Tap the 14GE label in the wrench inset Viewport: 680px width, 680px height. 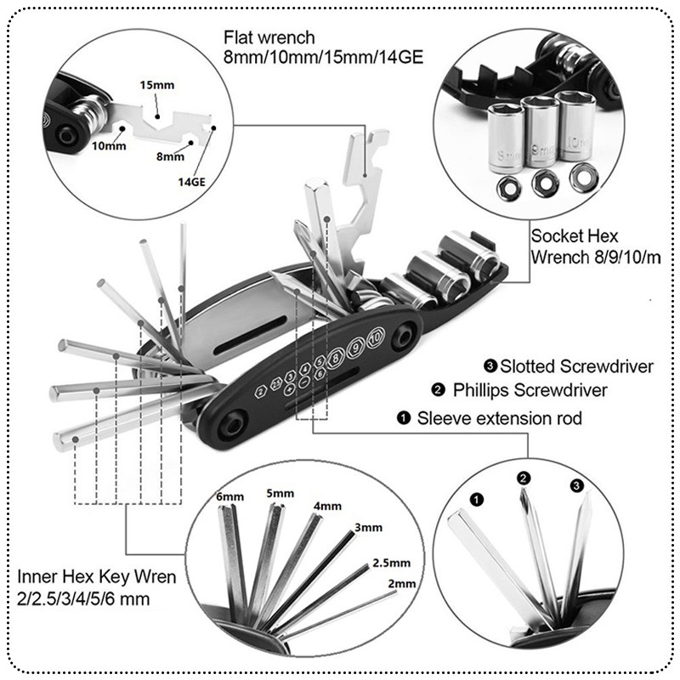[191, 181]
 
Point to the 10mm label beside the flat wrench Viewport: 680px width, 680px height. [109, 146]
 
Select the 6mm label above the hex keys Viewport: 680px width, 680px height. [229, 496]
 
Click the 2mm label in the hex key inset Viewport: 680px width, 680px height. [402, 584]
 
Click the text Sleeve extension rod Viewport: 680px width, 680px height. [499, 418]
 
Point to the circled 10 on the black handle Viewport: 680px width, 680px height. [377, 331]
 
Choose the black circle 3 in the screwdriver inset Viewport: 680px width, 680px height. [577, 485]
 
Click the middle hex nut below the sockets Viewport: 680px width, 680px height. [542, 180]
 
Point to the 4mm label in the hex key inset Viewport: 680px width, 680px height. [328, 506]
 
